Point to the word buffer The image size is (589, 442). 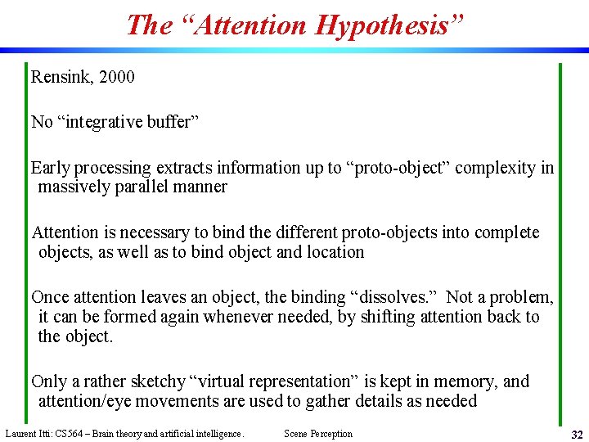click(169, 122)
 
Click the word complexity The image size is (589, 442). click(495, 168)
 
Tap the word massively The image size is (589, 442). click(74, 187)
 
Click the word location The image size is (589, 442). click(335, 251)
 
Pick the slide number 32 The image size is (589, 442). click(577, 434)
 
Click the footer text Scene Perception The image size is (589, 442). click(318, 434)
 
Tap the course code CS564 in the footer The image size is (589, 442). click(67, 434)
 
